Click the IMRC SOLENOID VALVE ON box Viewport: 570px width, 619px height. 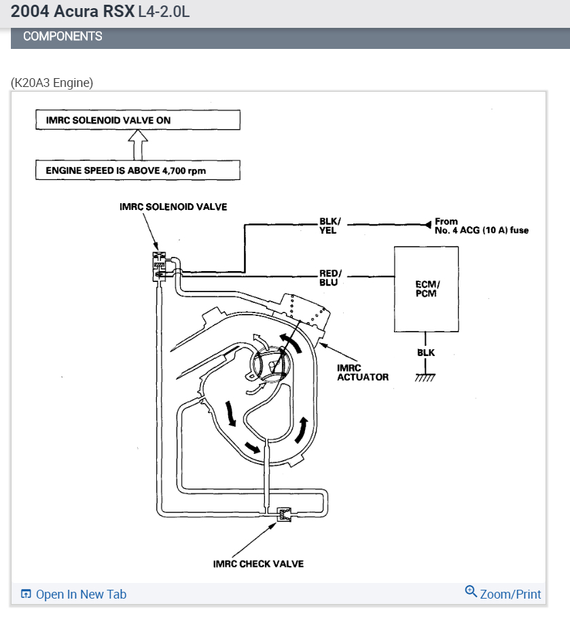point(138,120)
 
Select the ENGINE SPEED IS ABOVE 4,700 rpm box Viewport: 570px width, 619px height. point(138,171)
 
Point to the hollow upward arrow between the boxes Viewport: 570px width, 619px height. point(138,145)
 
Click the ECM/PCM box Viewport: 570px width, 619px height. point(426,289)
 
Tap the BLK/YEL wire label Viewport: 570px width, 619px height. point(329,226)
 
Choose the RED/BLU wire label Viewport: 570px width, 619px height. point(331,277)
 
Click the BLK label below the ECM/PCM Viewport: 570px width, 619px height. point(426,353)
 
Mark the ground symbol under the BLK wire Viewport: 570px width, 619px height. point(425,377)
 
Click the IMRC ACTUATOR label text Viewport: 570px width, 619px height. point(362,372)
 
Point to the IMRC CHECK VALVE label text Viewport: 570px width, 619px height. point(258,564)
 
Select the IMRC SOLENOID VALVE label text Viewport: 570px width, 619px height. point(173,207)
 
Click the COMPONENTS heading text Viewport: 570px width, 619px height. point(63,37)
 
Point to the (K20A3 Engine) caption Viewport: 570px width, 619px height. point(52,83)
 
